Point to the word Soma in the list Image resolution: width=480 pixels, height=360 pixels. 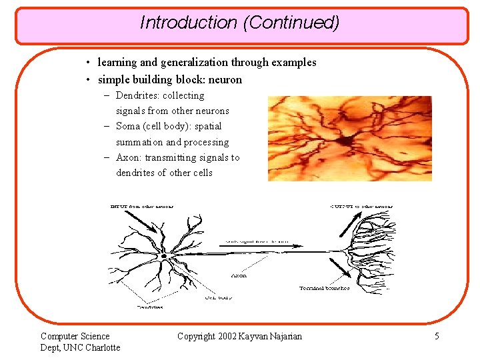(128, 126)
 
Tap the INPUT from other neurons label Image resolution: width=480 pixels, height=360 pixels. (141, 206)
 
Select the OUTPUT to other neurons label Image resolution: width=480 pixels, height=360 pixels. (361, 206)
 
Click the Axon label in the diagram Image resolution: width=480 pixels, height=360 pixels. (239, 275)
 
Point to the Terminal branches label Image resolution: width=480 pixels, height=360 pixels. (324, 288)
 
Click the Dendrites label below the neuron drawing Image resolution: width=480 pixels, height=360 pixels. (150, 307)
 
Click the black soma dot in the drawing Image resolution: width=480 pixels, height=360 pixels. (173, 256)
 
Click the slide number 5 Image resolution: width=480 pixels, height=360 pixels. (437, 336)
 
